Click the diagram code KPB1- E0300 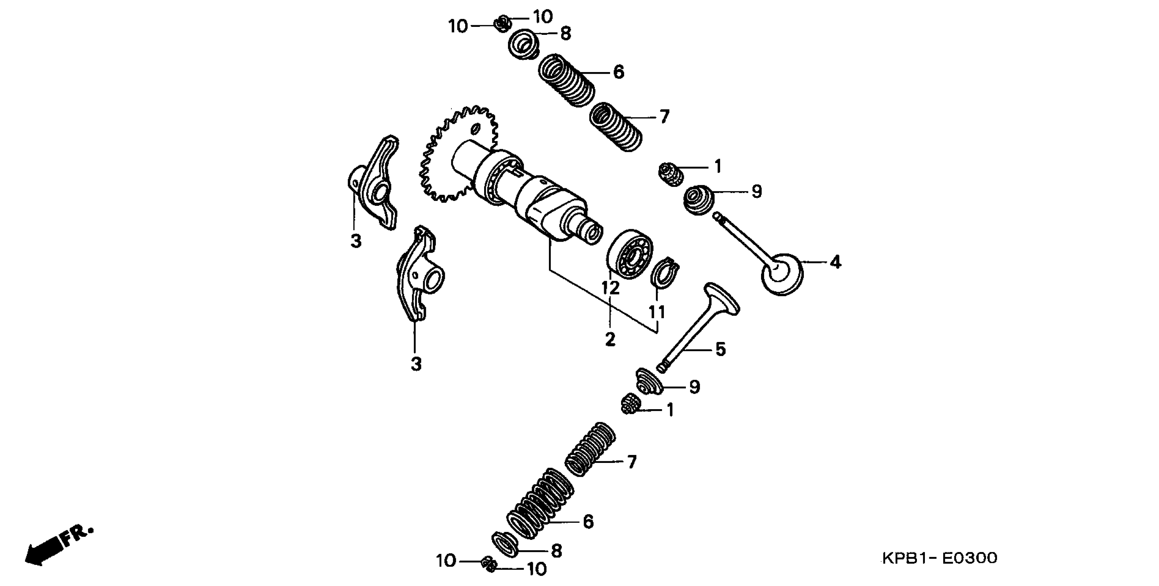[939, 558]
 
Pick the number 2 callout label [610, 340]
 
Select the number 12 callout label [611, 288]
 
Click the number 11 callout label [657, 312]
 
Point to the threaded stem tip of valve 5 [661, 367]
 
